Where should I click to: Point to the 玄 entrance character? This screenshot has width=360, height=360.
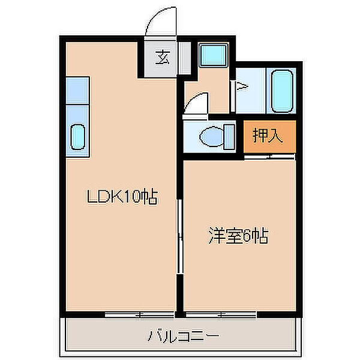161,58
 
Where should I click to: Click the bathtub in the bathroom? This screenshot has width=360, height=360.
282,90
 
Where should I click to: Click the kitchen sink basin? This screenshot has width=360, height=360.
78,136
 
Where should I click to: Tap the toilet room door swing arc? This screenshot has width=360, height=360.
197,103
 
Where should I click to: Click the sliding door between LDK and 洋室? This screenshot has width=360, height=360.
179,237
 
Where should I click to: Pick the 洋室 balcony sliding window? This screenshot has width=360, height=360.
221,314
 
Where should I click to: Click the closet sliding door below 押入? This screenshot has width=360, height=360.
270,157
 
